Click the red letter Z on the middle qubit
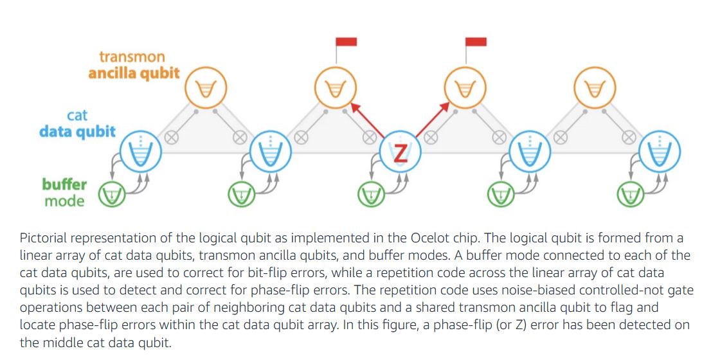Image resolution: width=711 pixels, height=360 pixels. [401, 153]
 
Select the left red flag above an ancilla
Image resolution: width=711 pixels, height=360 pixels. [346, 42]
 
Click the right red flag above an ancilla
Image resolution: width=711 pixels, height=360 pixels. [476, 42]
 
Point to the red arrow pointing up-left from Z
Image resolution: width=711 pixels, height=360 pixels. [368, 118]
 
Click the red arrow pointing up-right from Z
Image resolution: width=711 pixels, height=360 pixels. [431, 118]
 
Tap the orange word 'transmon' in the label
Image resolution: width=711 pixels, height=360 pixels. [132, 57]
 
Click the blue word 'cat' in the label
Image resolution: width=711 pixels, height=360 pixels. [77, 116]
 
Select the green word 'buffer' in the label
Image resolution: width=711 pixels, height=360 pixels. [64, 184]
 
